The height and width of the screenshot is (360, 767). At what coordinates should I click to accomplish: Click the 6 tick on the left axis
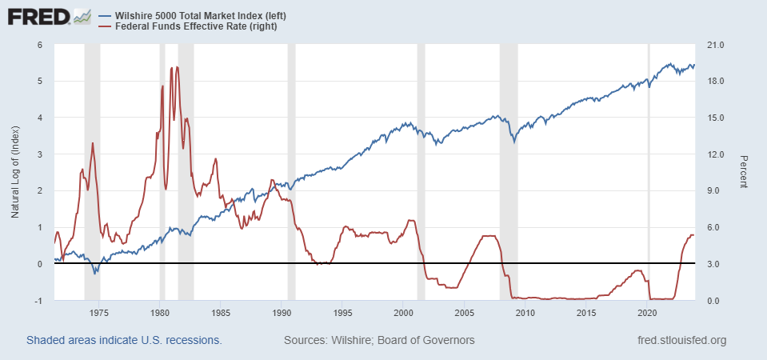tap(40, 45)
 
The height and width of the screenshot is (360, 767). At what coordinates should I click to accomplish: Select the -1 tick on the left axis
tap(38, 301)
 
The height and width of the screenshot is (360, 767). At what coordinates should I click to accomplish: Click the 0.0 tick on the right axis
tap(713, 301)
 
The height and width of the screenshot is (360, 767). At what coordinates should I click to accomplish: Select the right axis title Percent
tap(743, 172)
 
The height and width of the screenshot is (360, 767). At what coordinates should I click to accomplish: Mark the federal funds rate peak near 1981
tap(177, 67)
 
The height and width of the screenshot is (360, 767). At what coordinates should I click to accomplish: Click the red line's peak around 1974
tap(93, 143)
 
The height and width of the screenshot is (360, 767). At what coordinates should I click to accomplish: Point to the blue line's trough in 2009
tap(514, 142)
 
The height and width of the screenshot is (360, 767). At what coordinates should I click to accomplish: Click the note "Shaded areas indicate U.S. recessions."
tap(124, 341)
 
